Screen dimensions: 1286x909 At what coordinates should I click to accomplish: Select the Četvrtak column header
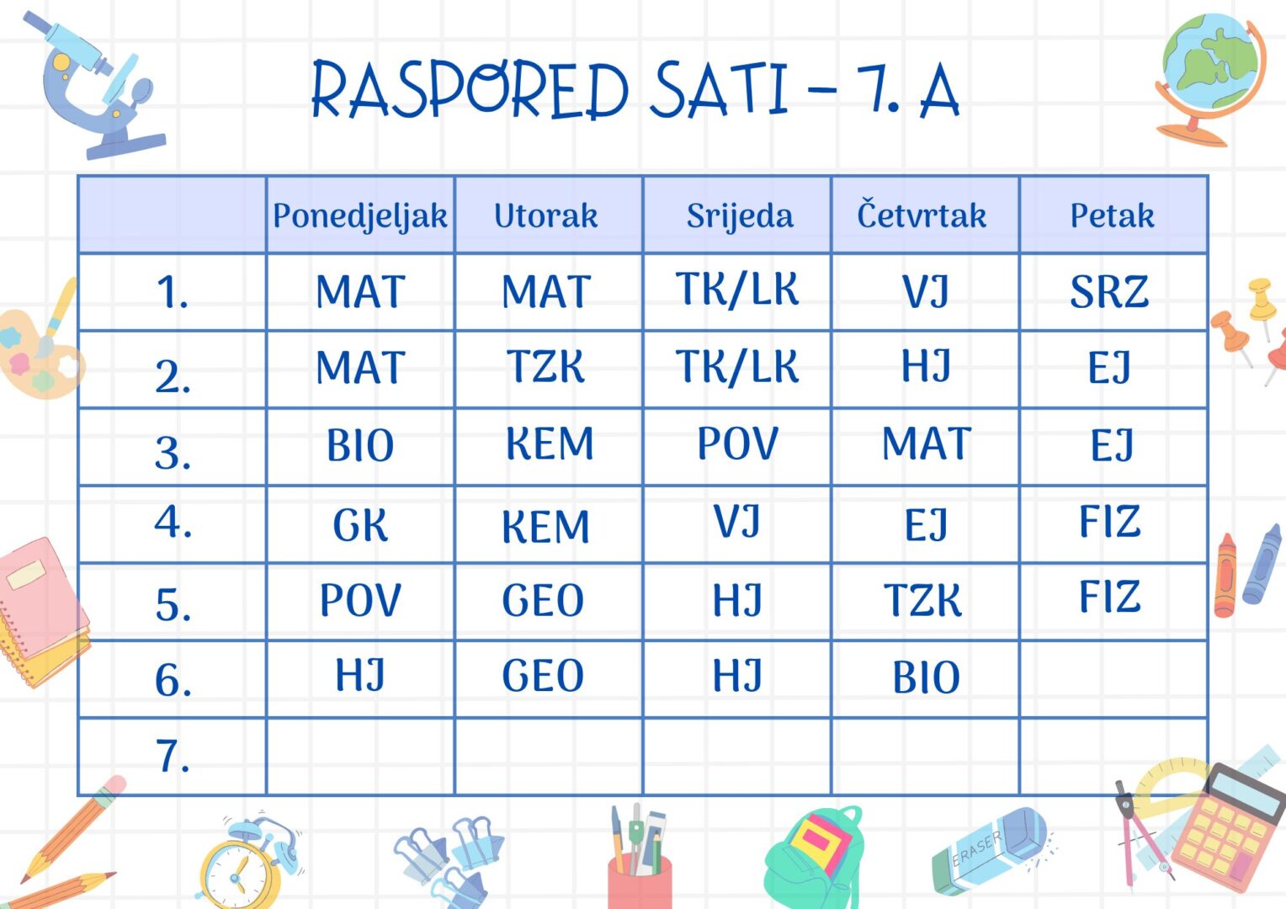click(922, 214)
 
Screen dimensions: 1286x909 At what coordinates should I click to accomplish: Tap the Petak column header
click(1112, 216)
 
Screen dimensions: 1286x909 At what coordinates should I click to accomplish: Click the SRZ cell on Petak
click(1109, 292)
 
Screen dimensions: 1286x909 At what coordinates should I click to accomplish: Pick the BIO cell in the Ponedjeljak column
click(360, 445)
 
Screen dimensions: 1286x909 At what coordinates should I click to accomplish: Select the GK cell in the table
click(360, 525)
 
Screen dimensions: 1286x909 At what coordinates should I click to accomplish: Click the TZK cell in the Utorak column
click(545, 366)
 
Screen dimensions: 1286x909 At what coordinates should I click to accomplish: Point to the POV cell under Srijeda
click(738, 443)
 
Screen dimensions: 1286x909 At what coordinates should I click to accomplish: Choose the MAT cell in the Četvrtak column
click(927, 443)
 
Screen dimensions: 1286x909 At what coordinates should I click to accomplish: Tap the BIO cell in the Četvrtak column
click(926, 677)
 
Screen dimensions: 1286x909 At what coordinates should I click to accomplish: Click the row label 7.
click(173, 756)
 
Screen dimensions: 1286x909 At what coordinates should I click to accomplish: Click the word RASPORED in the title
click(470, 89)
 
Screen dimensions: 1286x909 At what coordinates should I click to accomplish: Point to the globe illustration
click(1210, 77)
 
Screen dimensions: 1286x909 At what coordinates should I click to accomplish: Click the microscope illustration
click(95, 85)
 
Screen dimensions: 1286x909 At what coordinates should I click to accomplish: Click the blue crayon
click(1262, 563)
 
